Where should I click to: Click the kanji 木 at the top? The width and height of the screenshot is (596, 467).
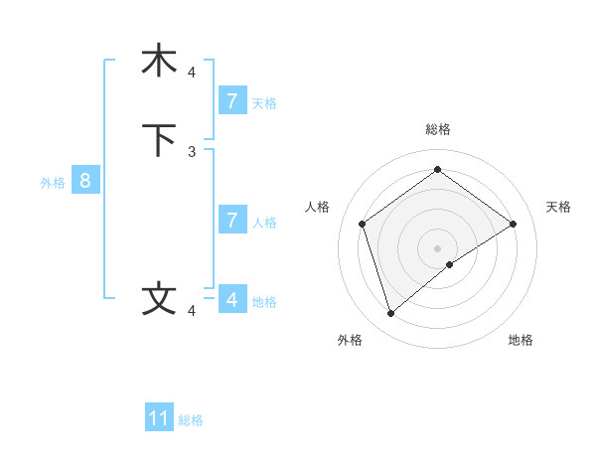coord(159,61)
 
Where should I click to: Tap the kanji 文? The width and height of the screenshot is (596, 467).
coord(159,299)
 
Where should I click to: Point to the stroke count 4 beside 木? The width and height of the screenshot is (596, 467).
coord(192,73)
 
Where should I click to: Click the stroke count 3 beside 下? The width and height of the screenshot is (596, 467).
coord(192,152)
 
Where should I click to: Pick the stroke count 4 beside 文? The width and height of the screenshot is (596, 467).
coord(192,311)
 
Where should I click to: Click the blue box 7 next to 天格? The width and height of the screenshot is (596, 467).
coord(231,101)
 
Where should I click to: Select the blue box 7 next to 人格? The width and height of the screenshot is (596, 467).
coord(231,221)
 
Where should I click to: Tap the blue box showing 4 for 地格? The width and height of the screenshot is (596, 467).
coord(231,299)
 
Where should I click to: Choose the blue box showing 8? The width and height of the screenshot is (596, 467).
coord(85,181)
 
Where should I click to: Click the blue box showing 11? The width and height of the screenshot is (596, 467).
coord(159,418)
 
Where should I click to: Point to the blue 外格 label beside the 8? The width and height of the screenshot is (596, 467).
coord(53,183)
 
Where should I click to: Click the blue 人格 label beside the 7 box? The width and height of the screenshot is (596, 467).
coord(264,223)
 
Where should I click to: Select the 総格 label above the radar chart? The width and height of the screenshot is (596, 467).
coord(438,129)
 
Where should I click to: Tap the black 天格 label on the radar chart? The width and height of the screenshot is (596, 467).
coord(558,207)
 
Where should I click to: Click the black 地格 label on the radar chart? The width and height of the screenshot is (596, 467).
coord(521,340)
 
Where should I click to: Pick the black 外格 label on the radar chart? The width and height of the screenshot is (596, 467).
coord(350,340)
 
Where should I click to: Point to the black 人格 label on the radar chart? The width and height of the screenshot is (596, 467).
coord(317,207)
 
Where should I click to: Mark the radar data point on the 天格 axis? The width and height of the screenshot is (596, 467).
coord(513,224)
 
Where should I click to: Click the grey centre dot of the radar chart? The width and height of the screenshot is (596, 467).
coord(438,247)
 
